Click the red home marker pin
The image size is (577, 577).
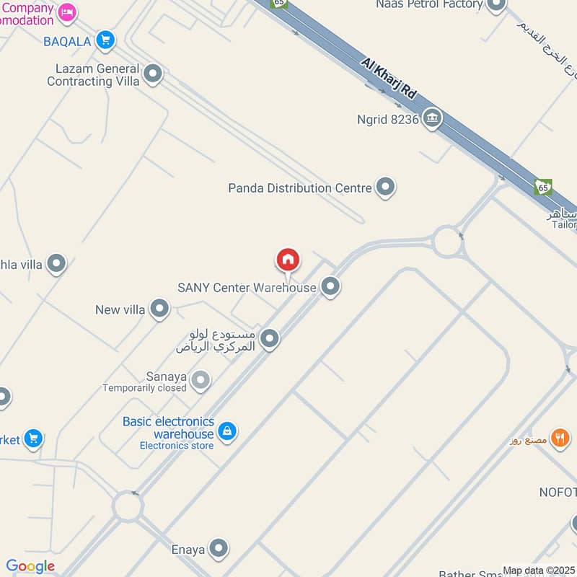(x=288, y=260)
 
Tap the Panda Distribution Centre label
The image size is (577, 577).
(x=300, y=188)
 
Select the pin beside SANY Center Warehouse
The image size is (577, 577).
(x=330, y=286)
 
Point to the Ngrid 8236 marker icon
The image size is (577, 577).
(x=432, y=118)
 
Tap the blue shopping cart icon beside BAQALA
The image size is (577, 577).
(x=106, y=40)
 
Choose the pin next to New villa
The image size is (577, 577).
(x=159, y=309)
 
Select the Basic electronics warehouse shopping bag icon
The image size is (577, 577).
(x=227, y=431)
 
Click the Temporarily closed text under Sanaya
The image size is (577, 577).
(x=144, y=387)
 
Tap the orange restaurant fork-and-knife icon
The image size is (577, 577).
(x=560, y=437)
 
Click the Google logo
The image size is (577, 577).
(x=30, y=566)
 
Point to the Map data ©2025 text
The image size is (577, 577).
(x=538, y=571)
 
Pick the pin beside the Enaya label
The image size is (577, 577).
(x=219, y=548)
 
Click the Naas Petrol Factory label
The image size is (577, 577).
(x=428, y=5)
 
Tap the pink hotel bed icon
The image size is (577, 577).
(x=67, y=12)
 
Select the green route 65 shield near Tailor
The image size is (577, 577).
(x=544, y=188)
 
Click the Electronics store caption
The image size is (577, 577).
(x=177, y=446)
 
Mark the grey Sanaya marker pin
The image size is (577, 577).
(x=201, y=379)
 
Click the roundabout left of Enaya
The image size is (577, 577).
(x=128, y=506)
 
